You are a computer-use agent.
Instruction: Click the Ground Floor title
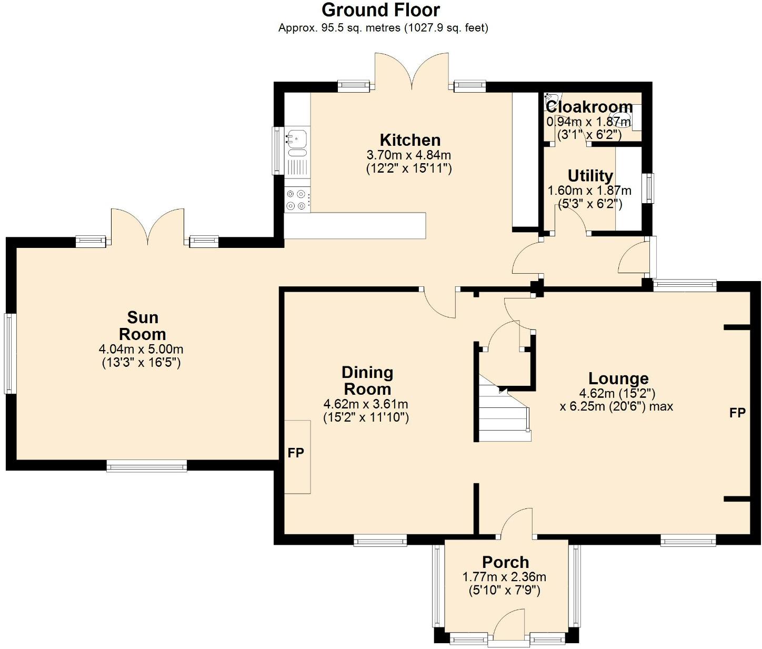[380, 10]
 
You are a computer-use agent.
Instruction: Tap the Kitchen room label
[410, 140]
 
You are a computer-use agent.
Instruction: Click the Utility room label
[590, 175]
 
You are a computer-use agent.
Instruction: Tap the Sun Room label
[142, 326]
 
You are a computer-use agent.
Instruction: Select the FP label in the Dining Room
[296, 453]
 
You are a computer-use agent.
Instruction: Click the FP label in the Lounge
[737, 413]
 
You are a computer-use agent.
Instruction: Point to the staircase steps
[503, 416]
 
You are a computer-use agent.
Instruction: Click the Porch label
[505, 562]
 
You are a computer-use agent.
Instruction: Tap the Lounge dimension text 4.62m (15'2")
[617, 393]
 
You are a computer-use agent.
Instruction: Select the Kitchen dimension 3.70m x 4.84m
[408, 155]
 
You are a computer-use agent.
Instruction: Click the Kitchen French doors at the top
[412, 71]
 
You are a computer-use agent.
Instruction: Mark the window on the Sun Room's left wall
[10, 353]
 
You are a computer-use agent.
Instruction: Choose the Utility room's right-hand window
[650, 188]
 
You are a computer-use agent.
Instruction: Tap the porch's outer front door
[509, 626]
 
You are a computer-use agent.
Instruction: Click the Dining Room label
[367, 381]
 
